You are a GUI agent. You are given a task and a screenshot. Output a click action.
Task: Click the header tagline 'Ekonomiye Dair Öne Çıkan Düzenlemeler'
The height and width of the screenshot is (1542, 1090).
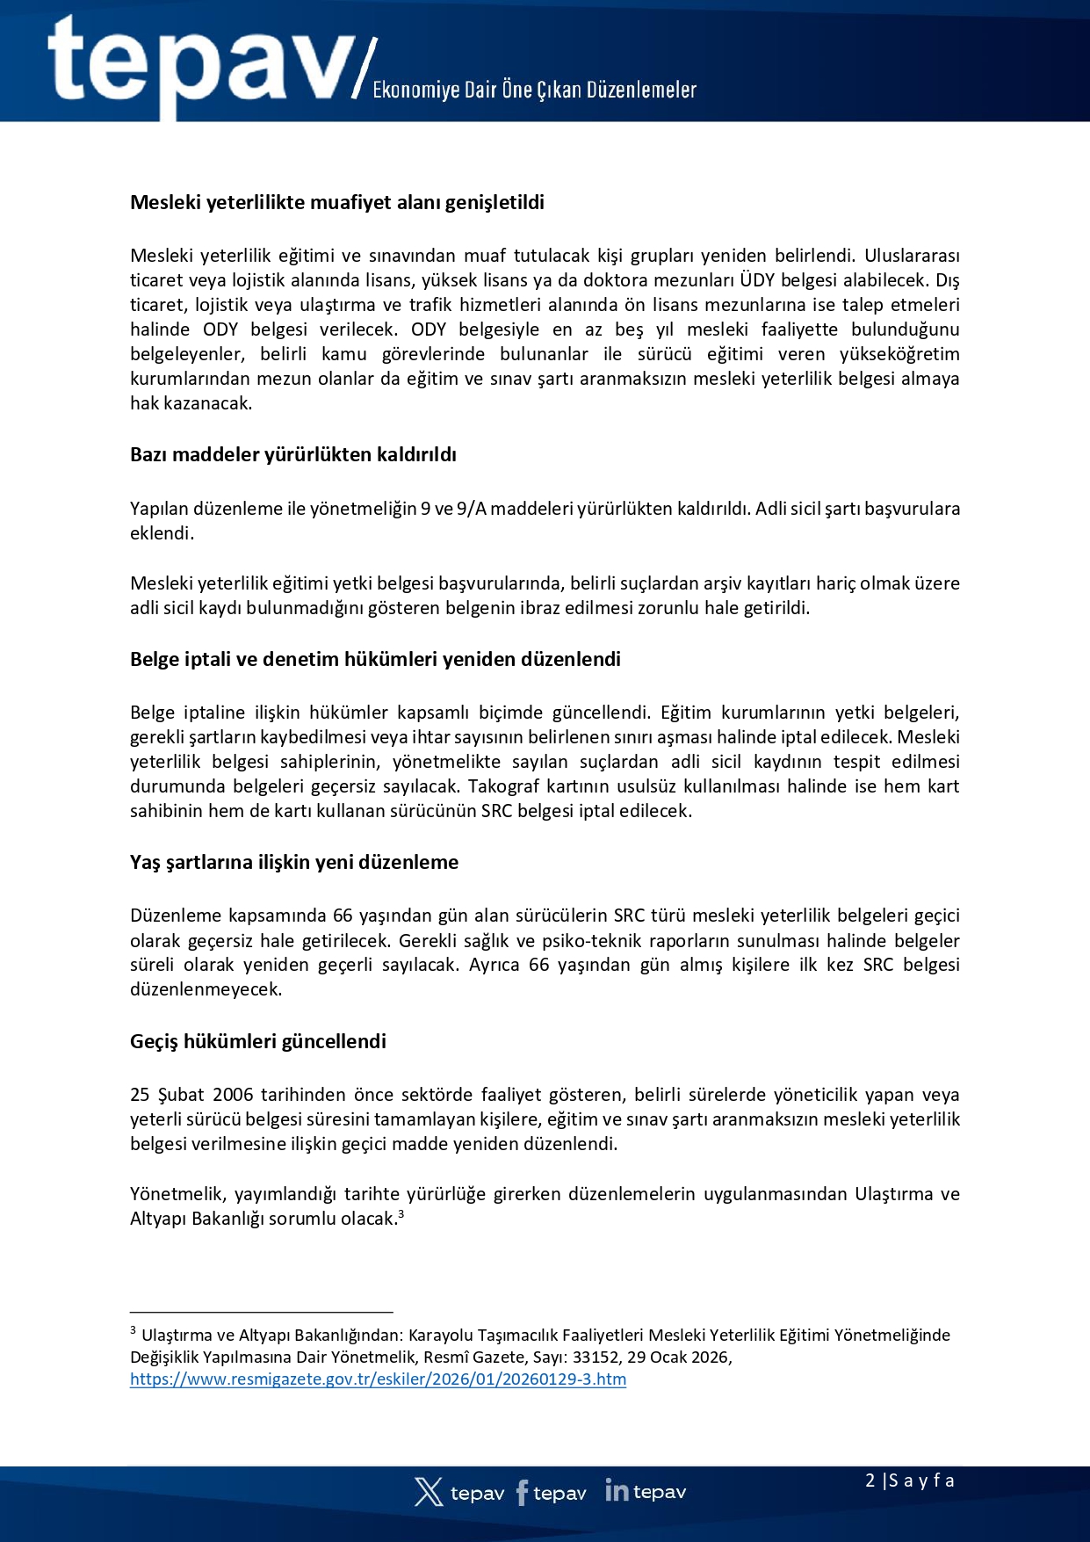pyautogui.click(x=534, y=90)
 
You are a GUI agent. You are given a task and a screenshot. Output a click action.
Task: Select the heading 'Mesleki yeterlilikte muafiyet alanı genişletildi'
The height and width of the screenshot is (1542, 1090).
pyautogui.click(x=337, y=203)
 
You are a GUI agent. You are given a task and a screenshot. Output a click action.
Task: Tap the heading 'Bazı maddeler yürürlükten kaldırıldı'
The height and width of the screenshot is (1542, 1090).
pyautogui.click(x=293, y=455)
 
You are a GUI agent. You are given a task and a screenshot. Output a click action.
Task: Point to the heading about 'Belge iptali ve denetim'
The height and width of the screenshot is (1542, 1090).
pyautogui.click(x=375, y=660)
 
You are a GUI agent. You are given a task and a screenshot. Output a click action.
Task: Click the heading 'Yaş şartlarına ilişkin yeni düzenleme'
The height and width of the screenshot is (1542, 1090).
pyautogui.click(x=294, y=863)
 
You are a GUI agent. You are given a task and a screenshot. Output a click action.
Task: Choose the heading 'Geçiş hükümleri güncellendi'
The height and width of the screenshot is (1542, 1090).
pyautogui.click(x=258, y=1042)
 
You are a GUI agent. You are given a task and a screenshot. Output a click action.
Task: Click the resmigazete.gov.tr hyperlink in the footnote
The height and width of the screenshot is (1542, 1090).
pyautogui.click(x=378, y=1379)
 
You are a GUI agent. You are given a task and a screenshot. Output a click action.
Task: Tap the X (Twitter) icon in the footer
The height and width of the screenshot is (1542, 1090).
pyautogui.click(x=429, y=1492)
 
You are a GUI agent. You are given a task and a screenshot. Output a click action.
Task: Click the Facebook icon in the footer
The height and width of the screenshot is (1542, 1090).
pyautogui.click(x=523, y=1492)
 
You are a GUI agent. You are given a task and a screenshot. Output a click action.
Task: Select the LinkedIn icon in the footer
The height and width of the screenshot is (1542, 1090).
pyautogui.click(x=617, y=1490)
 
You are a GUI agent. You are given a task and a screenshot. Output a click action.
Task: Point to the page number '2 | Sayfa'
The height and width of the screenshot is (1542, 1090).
pyautogui.click(x=909, y=1480)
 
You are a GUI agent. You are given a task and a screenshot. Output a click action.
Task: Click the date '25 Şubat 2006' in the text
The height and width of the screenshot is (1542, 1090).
pyautogui.click(x=191, y=1096)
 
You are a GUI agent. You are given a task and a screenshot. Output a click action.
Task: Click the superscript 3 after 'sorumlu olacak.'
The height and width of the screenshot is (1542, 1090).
pyautogui.click(x=401, y=1215)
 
